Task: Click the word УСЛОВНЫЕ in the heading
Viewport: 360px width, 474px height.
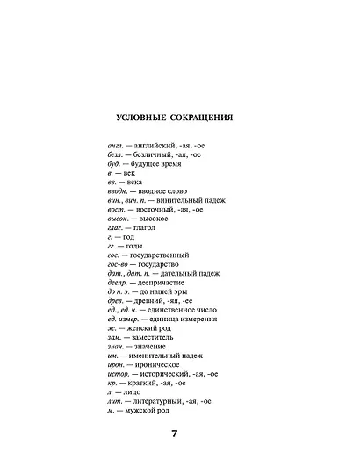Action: pyautogui.click(x=148, y=118)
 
